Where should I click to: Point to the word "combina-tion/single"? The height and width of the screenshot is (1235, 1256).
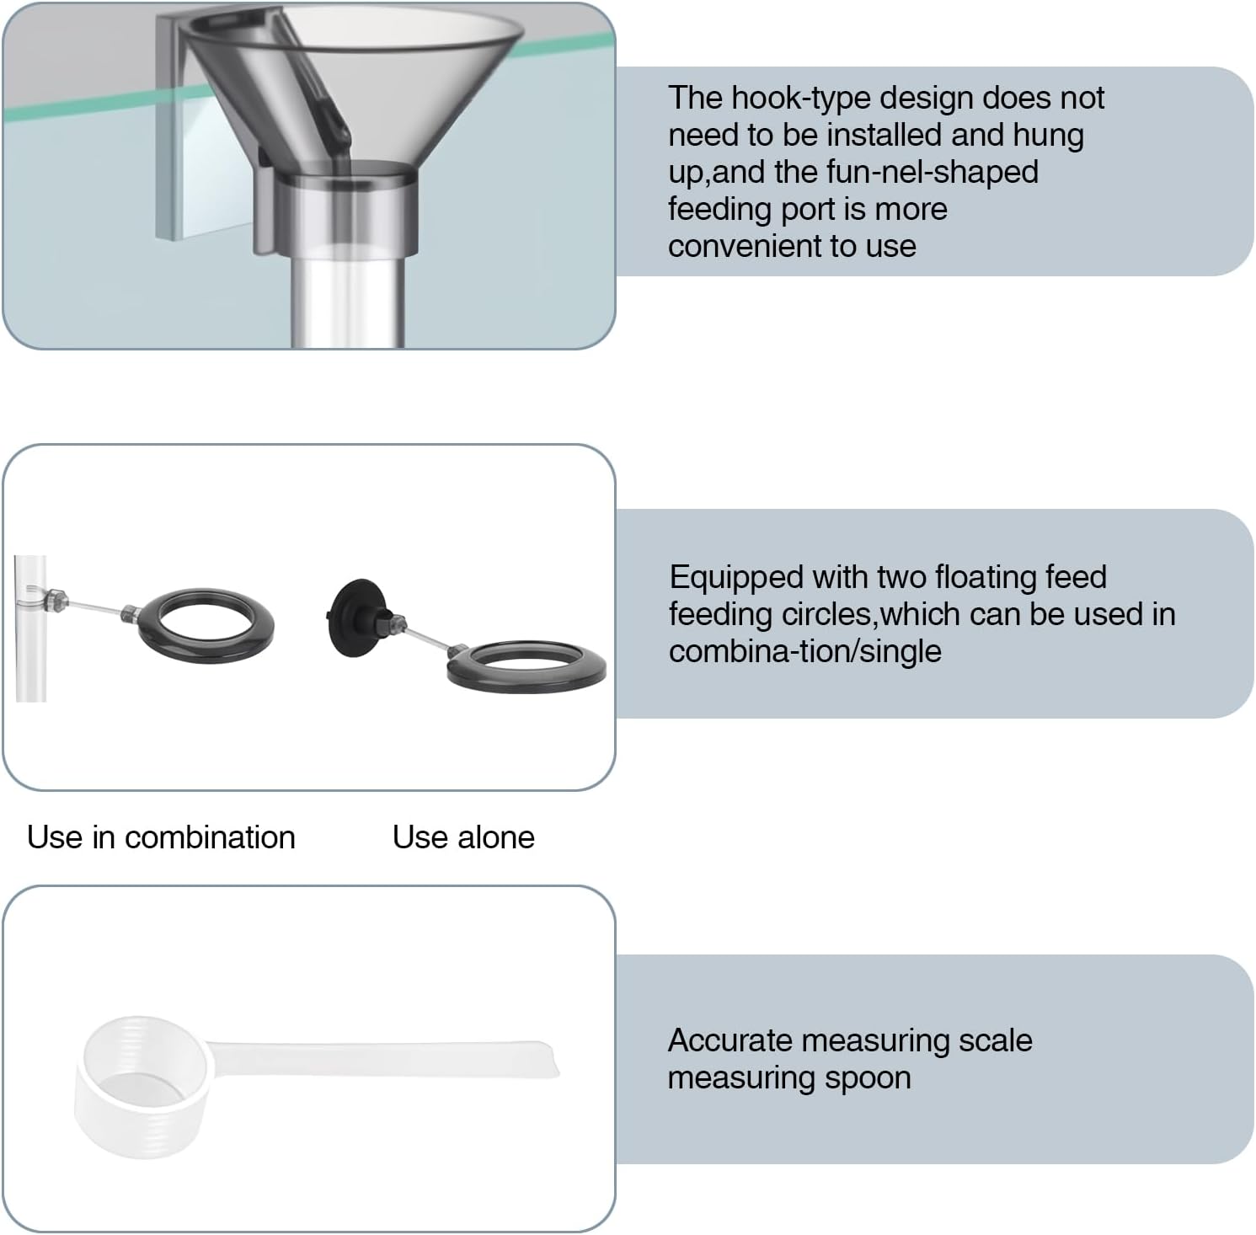(804, 652)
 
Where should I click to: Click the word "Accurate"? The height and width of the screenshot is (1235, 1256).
(730, 1041)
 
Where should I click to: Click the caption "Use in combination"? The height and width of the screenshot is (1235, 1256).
(161, 837)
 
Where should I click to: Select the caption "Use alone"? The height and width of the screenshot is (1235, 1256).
(463, 837)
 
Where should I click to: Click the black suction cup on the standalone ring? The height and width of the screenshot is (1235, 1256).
(353, 615)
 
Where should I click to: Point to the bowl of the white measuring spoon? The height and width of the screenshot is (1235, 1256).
(142, 1087)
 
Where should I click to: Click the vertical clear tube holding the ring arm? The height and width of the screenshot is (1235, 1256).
(30, 628)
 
